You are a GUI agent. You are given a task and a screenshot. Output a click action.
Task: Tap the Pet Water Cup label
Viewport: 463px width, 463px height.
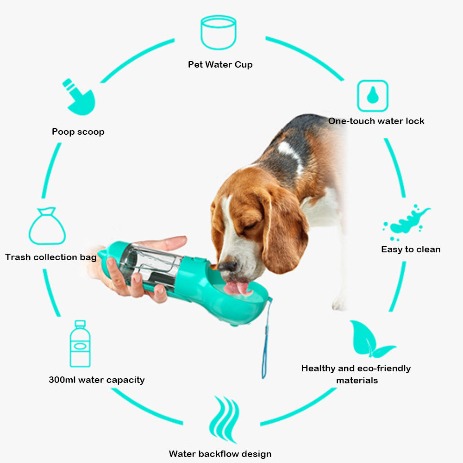click(x=220, y=64)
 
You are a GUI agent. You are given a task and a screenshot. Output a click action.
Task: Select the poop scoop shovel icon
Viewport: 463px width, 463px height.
click(x=79, y=98)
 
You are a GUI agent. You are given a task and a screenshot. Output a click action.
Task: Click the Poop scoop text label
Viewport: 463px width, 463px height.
click(x=78, y=132)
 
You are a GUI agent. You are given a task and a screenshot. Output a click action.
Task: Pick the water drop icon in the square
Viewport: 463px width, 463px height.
click(x=372, y=96)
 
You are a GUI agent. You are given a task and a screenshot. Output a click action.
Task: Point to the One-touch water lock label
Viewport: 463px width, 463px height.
click(x=376, y=121)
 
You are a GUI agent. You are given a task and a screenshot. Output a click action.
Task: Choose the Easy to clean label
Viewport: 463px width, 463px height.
click(x=411, y=250)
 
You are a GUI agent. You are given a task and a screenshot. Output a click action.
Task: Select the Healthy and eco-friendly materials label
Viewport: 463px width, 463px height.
click(x=356, y=374)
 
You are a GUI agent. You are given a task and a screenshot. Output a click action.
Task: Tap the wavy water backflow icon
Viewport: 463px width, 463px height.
click(x=225, y=419)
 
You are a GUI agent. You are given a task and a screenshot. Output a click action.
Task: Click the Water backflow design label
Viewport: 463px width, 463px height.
click(x=220, y=454)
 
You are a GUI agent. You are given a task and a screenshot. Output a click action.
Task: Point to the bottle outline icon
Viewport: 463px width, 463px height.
click(x=80, y=344)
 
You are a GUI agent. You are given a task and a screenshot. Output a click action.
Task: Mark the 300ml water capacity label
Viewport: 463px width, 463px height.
click(x=97, y=380)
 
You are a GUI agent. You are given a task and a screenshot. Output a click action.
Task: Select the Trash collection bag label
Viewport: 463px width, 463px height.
click(x=51, y=257)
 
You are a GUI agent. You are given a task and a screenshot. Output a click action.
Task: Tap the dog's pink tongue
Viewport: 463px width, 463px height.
click(x=237, y=288)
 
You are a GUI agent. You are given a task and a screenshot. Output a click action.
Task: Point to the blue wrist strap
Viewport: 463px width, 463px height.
click(x=266, y=338)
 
